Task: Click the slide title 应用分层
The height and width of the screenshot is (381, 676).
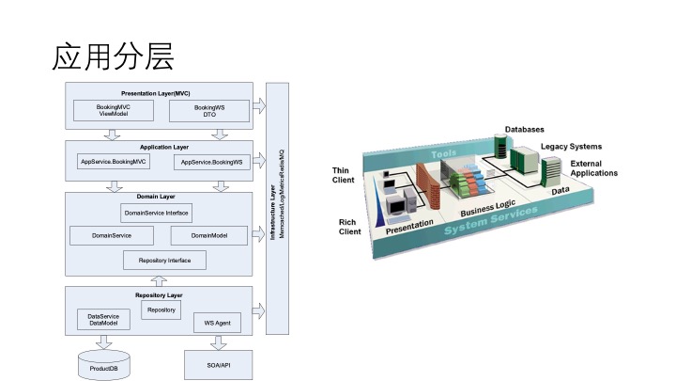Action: pos(113,56)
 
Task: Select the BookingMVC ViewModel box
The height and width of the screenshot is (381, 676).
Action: pos(114,112)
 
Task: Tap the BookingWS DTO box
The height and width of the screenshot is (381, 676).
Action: pos(209,112)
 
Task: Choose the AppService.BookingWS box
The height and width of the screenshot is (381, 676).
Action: pos(210,162)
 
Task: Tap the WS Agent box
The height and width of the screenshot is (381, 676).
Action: pos(217,323)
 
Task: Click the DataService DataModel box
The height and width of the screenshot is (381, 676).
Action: pos(102,319)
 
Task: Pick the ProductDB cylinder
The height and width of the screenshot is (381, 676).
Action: pos(103,363)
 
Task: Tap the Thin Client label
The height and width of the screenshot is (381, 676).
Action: pos(343,175)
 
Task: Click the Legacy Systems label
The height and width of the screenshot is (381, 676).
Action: pos(571,147)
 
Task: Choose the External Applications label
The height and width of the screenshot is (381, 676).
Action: pos(593,167)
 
